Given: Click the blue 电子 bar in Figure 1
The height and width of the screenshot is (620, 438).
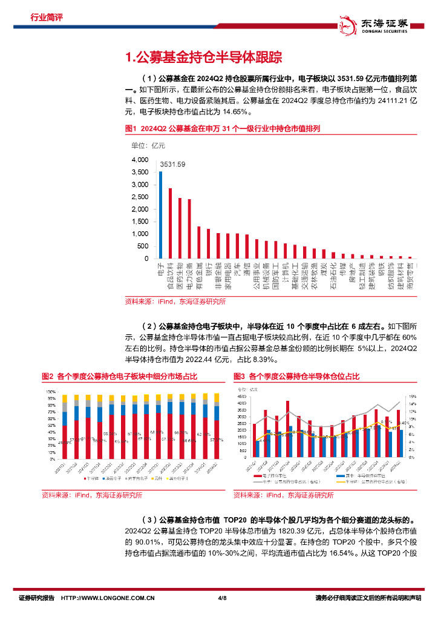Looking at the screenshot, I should click(160, 215).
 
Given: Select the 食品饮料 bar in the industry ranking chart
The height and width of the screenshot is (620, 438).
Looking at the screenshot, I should click(170, 223).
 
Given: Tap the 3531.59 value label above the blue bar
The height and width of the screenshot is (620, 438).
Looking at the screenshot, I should click(172, 164).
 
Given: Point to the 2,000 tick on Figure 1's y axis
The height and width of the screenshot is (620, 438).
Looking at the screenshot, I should click(140, 209).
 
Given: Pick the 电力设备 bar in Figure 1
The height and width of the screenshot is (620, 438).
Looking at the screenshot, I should click(189, 229).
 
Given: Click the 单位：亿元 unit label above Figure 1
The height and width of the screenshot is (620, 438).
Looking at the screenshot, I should click(144, 145).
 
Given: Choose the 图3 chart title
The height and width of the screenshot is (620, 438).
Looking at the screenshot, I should click(296, 377).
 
